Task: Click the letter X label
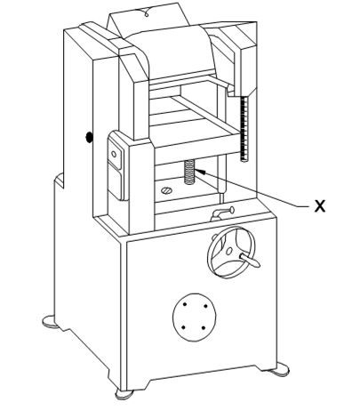coord(319,205)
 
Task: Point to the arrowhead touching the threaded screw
coord(199,172)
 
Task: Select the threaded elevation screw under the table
coord(189,172)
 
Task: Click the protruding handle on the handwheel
coord(250,259)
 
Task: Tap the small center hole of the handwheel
coord(229,252)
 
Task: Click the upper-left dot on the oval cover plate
coord(185,304)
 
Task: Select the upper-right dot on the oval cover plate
coord(206,307)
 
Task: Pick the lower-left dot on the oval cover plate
coord(183,327)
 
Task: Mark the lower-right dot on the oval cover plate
coord(204,328)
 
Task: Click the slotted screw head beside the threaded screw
coord(167,190)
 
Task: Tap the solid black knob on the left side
coord(89,137)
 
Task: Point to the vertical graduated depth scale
coord(244,129)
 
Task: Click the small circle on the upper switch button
coord(114,154)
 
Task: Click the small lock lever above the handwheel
coord(222,213)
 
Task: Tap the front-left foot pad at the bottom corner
coord(124,394)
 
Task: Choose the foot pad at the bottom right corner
coord(279,369)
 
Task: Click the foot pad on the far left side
coord(51,321)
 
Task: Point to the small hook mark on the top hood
coord(146,13)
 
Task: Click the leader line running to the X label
coord(256,189)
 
